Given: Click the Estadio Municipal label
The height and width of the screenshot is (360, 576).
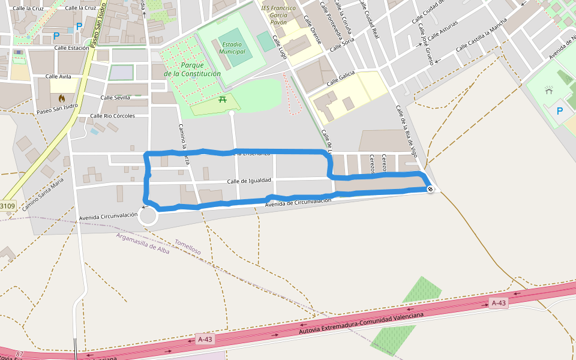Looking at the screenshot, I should click(233, 47).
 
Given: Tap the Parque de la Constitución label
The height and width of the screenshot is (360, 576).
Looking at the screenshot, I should click(192, 70).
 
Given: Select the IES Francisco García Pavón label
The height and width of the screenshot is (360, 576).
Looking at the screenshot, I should click(278, 15).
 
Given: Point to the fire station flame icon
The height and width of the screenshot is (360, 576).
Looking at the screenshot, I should click(62, 98).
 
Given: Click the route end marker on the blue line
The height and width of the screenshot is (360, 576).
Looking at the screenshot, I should click(430, 190).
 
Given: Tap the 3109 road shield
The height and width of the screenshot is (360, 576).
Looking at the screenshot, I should click(7, 206).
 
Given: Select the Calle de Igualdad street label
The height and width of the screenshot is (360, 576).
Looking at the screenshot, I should click(249, 181).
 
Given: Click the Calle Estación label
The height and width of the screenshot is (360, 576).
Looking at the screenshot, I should click(71, 47).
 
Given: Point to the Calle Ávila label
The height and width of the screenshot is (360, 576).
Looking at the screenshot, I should click(58, 77).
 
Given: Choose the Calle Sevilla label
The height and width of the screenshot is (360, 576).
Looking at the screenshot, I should click(115, 97).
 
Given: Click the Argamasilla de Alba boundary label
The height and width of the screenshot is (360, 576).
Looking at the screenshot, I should click(143, 244).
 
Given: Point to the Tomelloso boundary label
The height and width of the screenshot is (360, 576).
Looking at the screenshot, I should click(187, 247).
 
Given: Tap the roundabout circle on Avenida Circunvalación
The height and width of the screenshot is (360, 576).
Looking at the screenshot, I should click(148, 217).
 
